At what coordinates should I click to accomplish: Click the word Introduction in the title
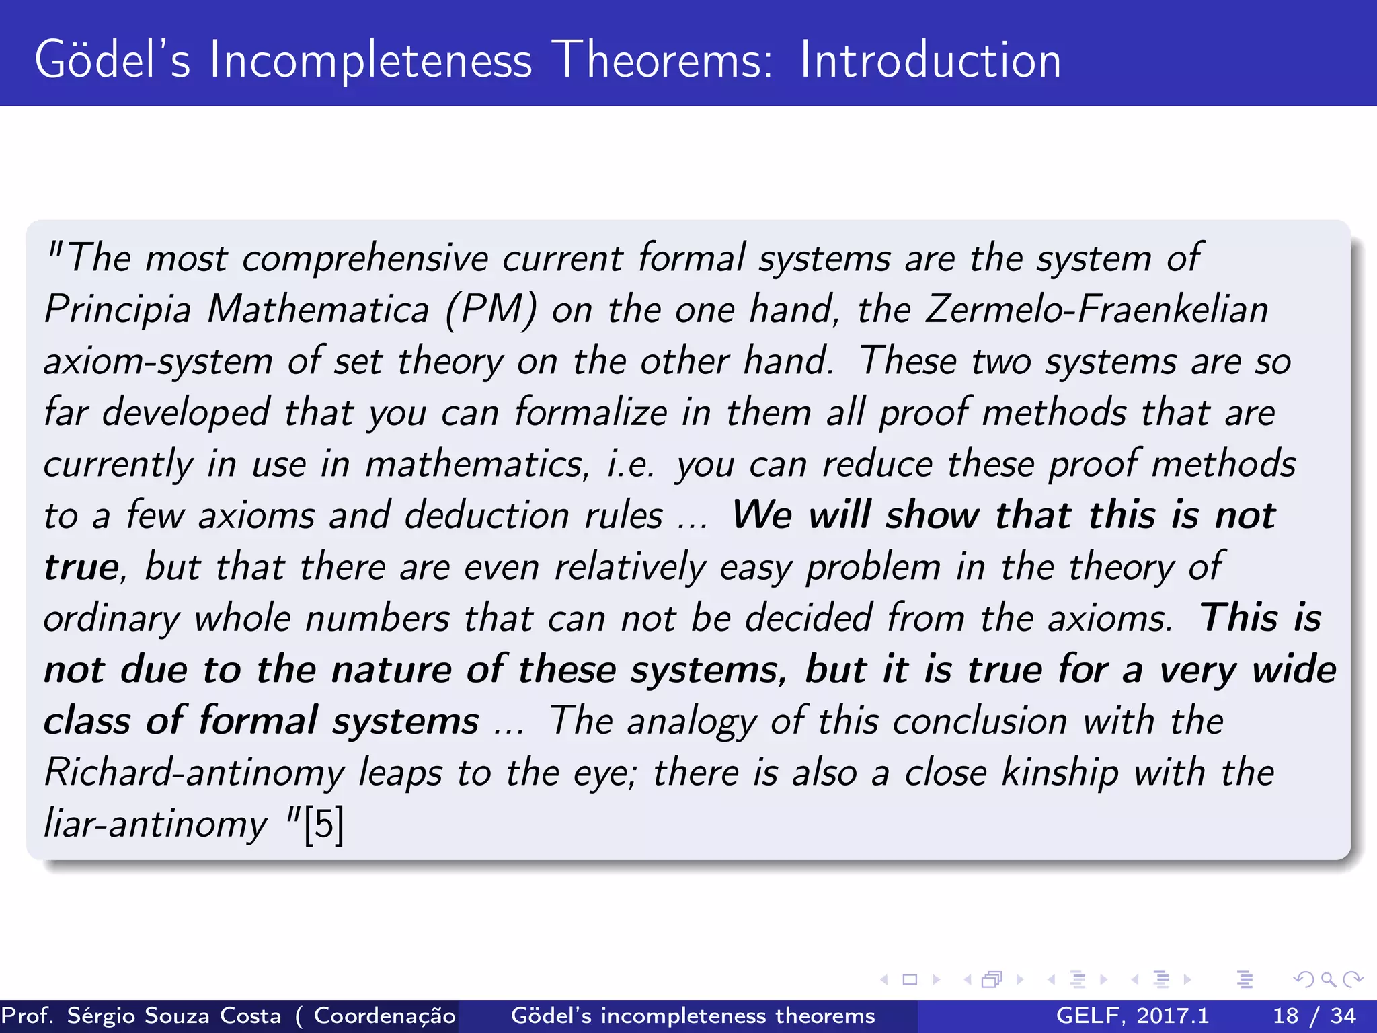tap(930, 61)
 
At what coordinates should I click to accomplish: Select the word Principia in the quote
tap(118, 310)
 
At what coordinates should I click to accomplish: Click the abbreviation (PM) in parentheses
tap(491, 310)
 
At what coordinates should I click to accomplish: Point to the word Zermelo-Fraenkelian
tap(1097, 310)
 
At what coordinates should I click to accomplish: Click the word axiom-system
tap(158, 362)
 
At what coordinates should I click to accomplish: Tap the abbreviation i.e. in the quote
tap(630, 465)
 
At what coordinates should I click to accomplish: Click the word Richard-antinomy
tap(194, 773)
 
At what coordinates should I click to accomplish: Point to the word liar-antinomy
tap(155, 825)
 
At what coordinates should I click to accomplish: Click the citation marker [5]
tap(323, 825)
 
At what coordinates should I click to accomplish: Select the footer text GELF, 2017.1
tap(1132, 1016)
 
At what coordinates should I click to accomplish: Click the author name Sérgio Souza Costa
tap(173, 1016)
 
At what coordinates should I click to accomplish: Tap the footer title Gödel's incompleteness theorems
tap(693, 1016)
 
